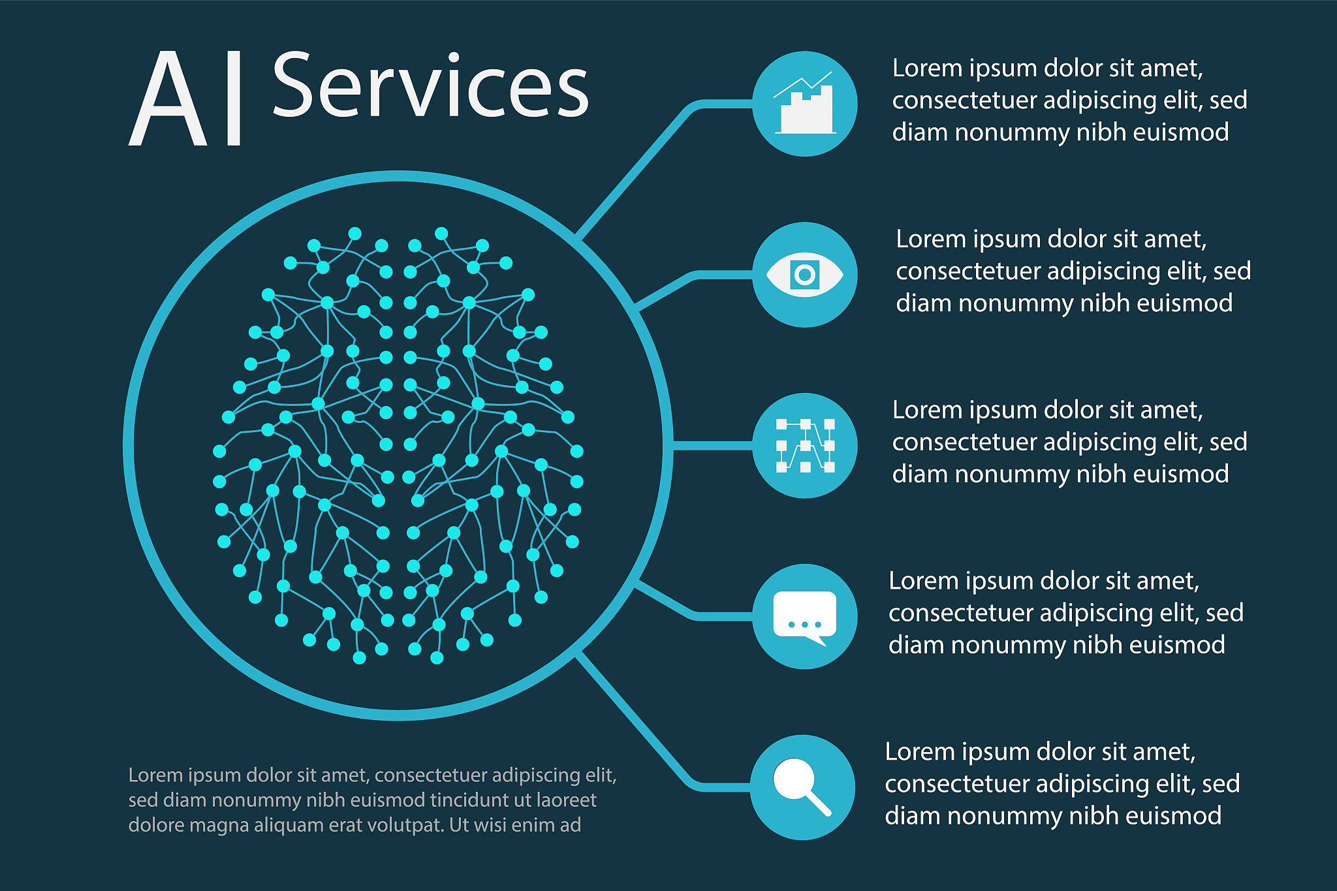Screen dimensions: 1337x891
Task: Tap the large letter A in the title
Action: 168,99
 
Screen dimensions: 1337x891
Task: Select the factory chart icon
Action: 805,103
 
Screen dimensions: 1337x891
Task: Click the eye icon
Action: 805,275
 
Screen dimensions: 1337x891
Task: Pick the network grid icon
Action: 805,446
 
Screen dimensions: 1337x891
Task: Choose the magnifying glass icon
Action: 802,787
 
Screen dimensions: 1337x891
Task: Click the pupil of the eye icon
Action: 805,275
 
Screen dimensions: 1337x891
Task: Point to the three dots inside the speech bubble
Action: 804,625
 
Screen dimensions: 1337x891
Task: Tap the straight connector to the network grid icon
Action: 712,446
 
